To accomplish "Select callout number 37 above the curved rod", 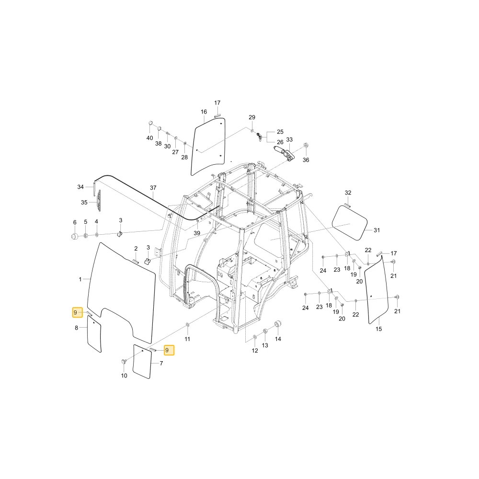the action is coord(153,188).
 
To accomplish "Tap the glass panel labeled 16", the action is coord(208,147).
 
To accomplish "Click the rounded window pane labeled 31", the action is coord(350,222).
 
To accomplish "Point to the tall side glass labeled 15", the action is coord(376,290).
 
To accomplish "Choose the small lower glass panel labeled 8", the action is coord(94,334).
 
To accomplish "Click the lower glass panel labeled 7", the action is coord(142,362).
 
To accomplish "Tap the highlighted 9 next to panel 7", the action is coord(169,350).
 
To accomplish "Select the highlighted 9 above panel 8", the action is coord(77,312).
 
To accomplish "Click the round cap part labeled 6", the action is coord(74,236).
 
